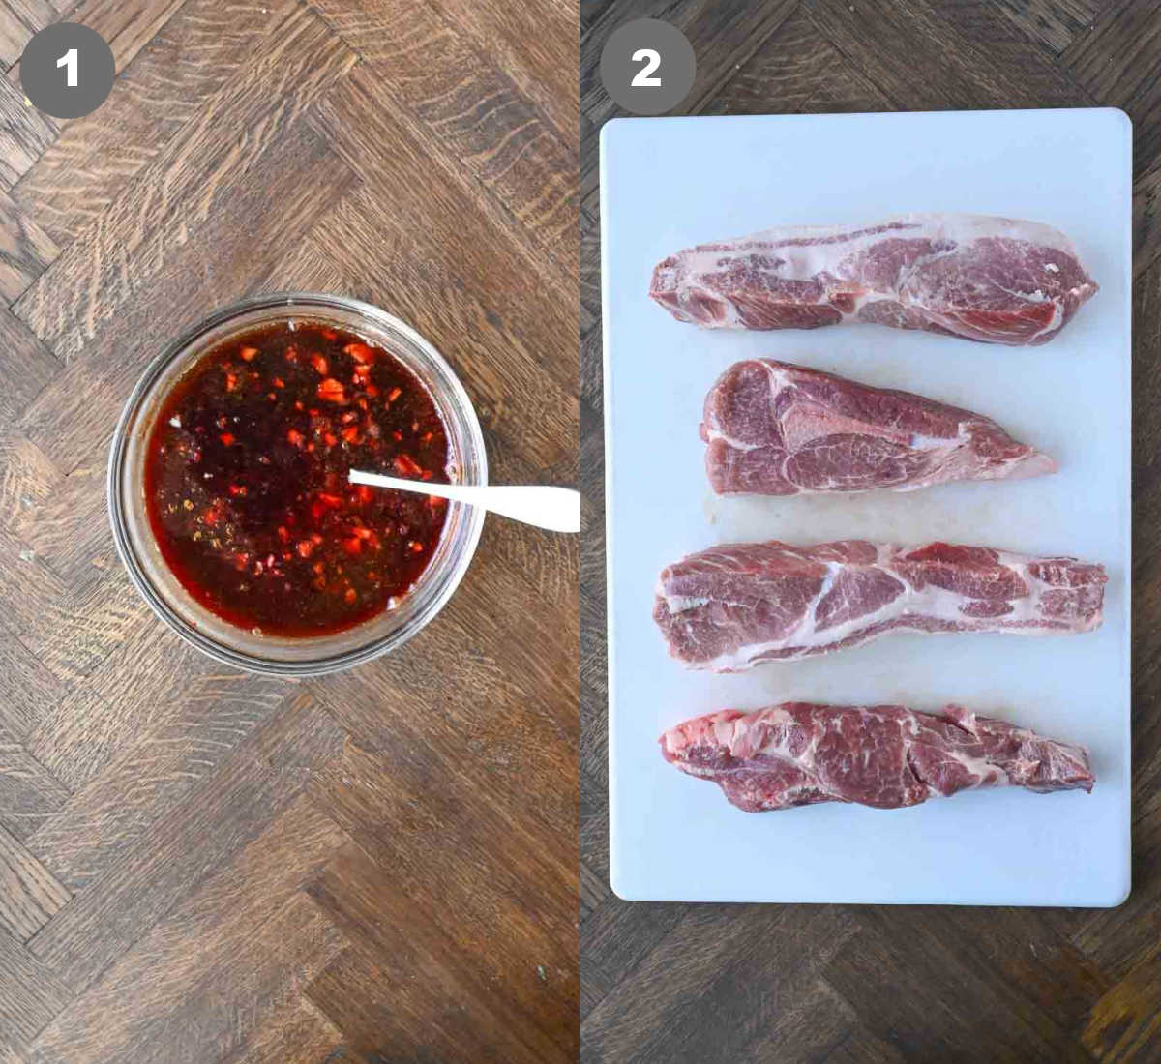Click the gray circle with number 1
pos(67,69)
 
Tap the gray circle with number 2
pos(646,67)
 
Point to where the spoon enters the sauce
pos(354,476)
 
